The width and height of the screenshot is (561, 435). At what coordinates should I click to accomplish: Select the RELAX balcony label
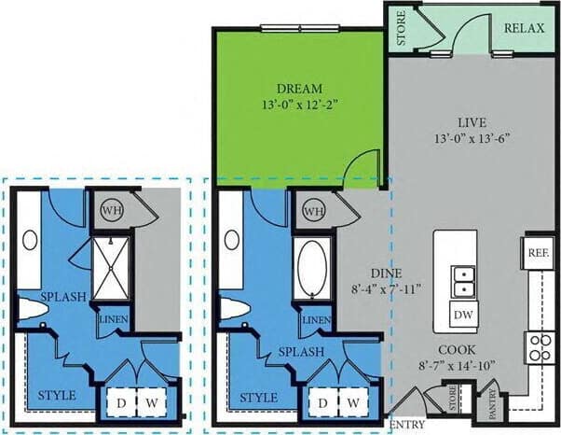tap(524, 29)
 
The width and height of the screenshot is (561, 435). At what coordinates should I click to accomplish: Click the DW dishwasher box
tap(462, 316)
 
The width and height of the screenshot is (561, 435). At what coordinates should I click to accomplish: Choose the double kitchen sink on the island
tap(461, 279)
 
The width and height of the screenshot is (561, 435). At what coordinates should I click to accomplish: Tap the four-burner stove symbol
tap(539, 347)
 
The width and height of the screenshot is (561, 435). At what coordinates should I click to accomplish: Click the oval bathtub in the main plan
tap(311, 268)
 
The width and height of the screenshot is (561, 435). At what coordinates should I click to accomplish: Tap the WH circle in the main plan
tap(313, 211)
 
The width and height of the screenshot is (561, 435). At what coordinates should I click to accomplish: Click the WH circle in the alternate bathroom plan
tap(112, 211)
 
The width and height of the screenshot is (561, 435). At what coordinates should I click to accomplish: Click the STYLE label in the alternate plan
tap(56, 397)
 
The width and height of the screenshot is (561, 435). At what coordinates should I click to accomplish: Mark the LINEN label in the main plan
tap(317, 321)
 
